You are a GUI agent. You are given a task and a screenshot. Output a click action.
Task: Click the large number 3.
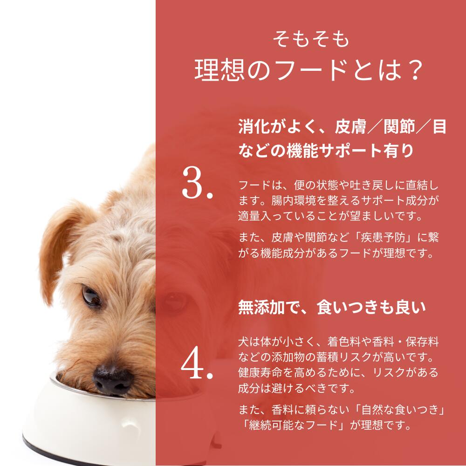[x=197, y=183]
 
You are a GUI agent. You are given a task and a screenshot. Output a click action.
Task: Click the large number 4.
[x=197, y=364]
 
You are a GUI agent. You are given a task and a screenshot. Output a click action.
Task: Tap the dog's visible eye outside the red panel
[x=92, y=295]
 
